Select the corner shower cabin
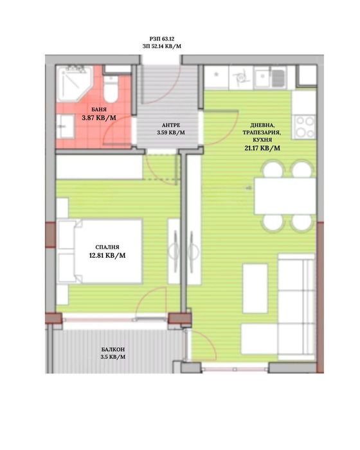74,83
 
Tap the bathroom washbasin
65,126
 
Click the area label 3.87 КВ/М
99,118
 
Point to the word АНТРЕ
171,125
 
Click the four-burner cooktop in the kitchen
304,127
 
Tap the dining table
285,195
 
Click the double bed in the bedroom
100,251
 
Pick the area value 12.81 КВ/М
107,255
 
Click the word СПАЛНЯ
107,247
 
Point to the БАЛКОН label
113,350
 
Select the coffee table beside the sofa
255,289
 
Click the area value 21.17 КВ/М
262,148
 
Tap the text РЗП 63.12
162,39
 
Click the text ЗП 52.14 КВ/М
162,46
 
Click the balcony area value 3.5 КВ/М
113,357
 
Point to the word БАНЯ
99,109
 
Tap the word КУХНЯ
262,139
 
